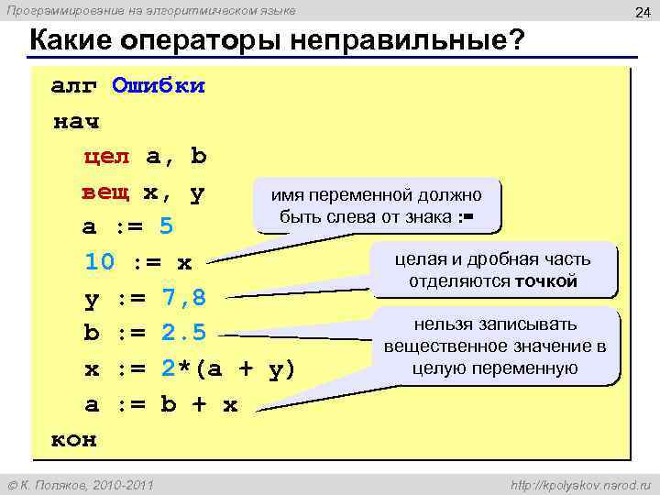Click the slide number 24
coord(642,12)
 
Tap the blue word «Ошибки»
coord(158,86)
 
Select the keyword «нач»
coord(76,121)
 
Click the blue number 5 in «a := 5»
coord(166,226)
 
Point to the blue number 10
coord(100,262)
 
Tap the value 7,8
coord(183,298)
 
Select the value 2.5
coord(183,333)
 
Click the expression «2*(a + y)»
coord(228,368)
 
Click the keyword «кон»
coord(74,438)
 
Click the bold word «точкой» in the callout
coord(545,280)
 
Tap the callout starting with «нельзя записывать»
coord(495,346)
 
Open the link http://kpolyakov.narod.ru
coord(575,483)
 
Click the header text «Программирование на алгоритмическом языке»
coord(151,10)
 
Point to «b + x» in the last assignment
coord(199,404)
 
